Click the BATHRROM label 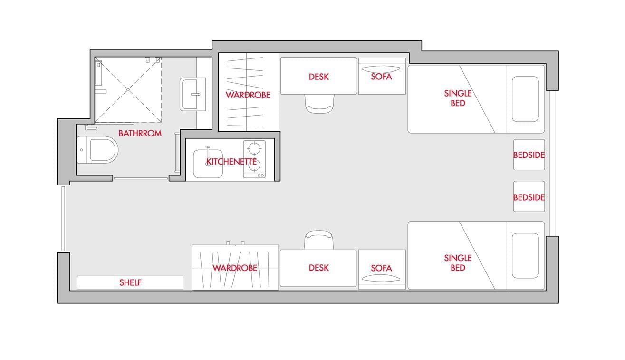pyautogui.click(x=140, y=133)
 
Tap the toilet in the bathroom pyautogui.click(x=97, y=150)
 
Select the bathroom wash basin pyautogui.click(x=192, y=94)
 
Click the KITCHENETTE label pyautogui.click(x=231, y=161)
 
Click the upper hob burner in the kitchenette pyautogui.click(x=254, y=148)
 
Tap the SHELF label pyautogui.click(x=130, y=282)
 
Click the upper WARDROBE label pyautogui.click(x=248, y=95)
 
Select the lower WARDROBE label pyautogui.click(x=235, y=268)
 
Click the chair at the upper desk pyautogui.click(x=319, y=104)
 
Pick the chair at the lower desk pyautogui.click(x=319, y=240)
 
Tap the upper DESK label pyautogui.click(x=319, y=77)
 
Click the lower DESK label pyautogui.click(x=319, y=268)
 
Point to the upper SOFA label pyautogui.click(x=382, y=77)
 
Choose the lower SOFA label pyautogui.click(x=382, y=268)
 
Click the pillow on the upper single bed pyautogui.click(x=525, y=99)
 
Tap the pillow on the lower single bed pyautogui.click(x=525, y=255)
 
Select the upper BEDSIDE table pyautogui.click(x=529, y=155)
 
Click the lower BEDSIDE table pyautogui.click(x=529, y=196)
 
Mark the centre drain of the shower pyautogui.click(x=128, y=90)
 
